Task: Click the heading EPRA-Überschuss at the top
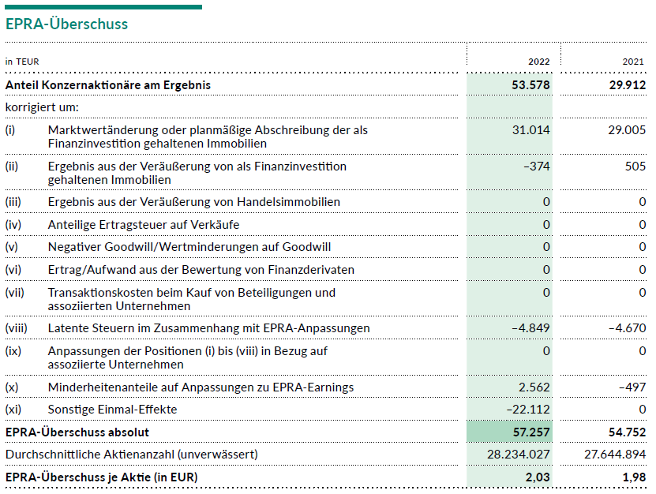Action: coord(66,24)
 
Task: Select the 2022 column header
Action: coord(539,62)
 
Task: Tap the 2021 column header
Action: coord(634,62)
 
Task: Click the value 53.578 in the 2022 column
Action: coord(530,84)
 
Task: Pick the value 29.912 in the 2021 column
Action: coord(627,84)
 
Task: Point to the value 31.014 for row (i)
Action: coord(531,129)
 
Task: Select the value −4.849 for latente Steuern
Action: coord(530,327)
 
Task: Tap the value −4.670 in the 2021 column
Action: coord(626,327)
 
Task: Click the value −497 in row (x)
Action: coord(632,387)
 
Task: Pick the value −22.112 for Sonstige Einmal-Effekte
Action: coord(527,410)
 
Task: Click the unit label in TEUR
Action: coord(22,62)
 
